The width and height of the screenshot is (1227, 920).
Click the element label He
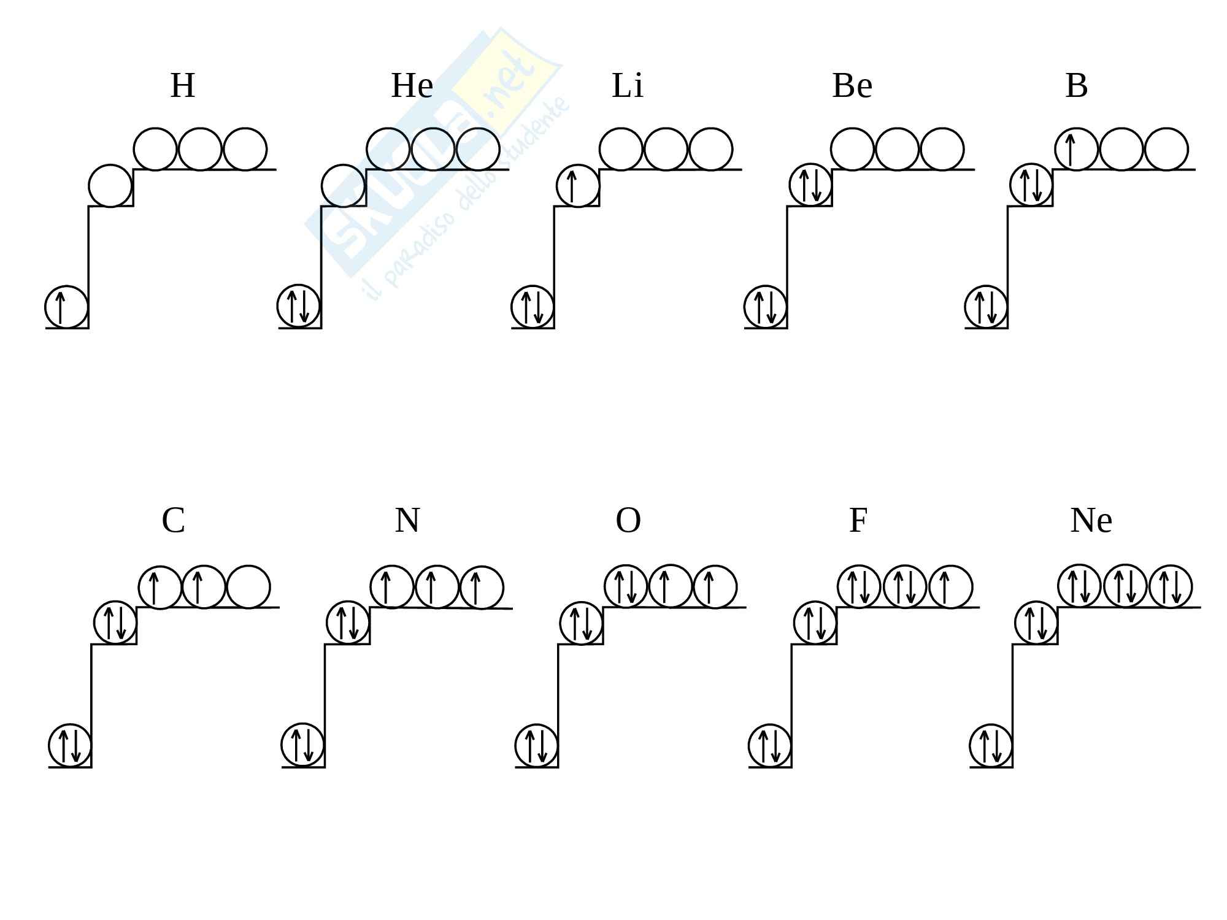click(412, 85)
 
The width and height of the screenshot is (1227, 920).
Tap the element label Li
click(627, 85)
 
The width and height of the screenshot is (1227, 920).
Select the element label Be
click(852, 85)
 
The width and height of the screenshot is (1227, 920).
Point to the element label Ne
click(1091, 521)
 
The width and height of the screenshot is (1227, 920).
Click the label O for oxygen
click(628, 521)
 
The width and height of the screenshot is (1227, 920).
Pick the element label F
click(858, 521)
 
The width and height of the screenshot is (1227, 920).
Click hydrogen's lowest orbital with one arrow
click(66, 307)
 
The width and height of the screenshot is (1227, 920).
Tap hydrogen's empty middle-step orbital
click(110, 185)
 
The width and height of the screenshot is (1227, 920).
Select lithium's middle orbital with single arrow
click(578, 185)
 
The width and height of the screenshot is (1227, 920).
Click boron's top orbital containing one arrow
click(1076, 149)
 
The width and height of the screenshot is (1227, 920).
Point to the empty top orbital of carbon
click(248, 587)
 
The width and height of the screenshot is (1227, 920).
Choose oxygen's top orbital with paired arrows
click(626, 586)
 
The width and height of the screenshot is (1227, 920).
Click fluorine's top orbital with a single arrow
click(950, 587)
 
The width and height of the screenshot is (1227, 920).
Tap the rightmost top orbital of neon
click(1171, 586)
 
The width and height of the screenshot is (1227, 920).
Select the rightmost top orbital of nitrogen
click(482, 588)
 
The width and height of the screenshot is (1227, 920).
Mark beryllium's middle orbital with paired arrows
click(810, 185)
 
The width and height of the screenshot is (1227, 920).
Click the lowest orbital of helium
click(299, 306)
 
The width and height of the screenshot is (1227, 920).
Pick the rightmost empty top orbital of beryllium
click(942, 149)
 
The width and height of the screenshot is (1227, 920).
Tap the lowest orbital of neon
click(991, 745)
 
